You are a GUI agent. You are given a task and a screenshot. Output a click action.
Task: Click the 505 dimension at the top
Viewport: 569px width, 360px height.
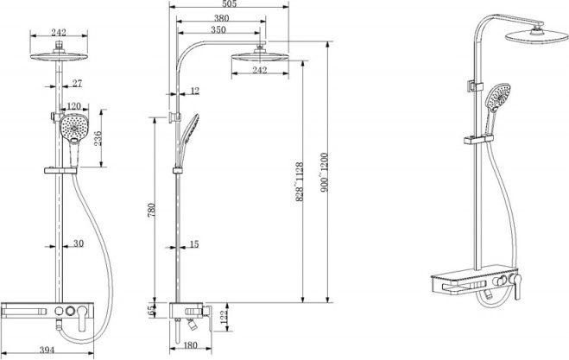tap(229, 4)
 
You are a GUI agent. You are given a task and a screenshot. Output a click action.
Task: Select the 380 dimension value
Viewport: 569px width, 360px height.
tap(221, 18)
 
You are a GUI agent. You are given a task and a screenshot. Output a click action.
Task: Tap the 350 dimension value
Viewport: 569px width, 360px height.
tap(218, 29)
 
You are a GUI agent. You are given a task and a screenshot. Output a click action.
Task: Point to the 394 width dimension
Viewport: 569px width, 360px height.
tap(47, 350)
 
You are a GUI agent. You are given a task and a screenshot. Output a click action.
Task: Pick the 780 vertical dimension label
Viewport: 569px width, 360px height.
tap(151, 210)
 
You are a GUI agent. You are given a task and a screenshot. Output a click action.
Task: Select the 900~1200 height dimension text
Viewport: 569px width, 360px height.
tap(324, 173)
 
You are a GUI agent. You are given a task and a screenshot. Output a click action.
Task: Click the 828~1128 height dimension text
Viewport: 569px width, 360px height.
tap(299, 181)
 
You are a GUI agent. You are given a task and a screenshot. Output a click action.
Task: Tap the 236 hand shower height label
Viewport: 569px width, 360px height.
tap(98, 138)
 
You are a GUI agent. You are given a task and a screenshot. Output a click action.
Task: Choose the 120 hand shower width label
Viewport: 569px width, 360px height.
tap(74, 106)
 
